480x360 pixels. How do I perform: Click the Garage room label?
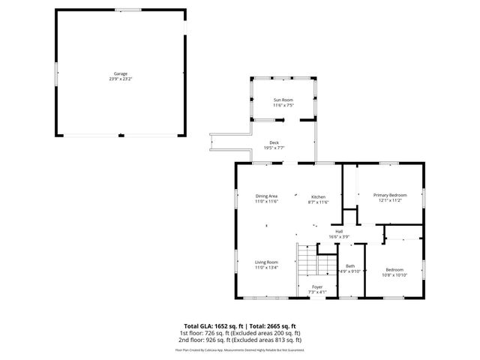pos(121,73)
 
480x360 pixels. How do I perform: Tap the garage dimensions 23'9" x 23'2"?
pos(121,79)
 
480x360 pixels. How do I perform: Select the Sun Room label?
pos(282,100)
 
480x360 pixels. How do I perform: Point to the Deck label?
pos(274,142)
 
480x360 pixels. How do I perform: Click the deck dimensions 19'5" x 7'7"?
pos(274,148)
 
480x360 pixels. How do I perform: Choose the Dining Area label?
pos(267,196)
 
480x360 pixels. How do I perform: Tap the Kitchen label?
pos(319,196)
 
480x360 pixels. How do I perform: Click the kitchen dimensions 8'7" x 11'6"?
pos(319,202)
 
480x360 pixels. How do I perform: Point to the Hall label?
pos(339,231)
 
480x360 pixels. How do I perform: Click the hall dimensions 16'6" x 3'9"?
pos(339,236)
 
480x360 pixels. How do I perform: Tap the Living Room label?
pos(266,262)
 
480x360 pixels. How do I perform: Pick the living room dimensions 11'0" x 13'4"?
pos(266,267)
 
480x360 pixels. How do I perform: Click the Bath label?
pos(350,265)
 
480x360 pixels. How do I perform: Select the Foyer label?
pos(317,286)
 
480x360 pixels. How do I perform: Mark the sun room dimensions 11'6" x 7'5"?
pos(282,105)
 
